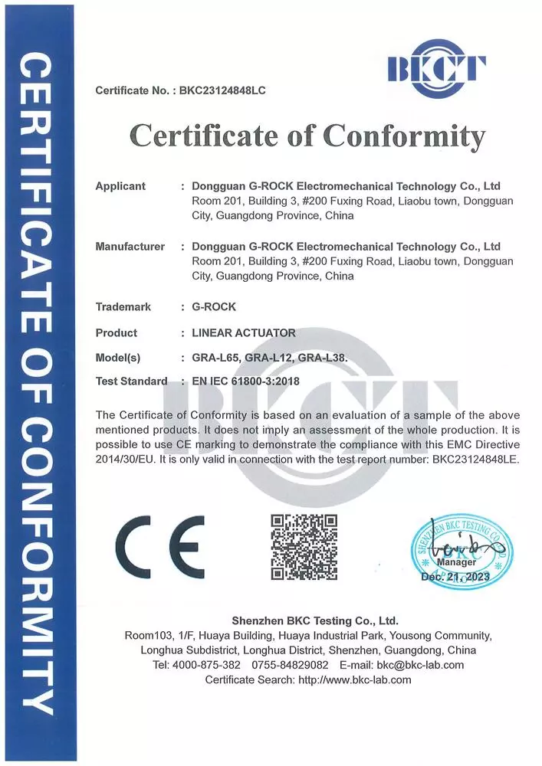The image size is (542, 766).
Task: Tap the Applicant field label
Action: click(120, 186)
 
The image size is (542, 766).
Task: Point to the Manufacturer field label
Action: click(130, 247)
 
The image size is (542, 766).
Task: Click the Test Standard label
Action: click(131, 381)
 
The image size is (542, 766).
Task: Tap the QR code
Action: click(304, 547)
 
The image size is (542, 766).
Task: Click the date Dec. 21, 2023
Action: click(458, 576)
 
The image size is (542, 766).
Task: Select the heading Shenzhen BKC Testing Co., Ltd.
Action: click(315, 620)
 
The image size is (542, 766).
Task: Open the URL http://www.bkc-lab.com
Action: click(354, 679)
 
